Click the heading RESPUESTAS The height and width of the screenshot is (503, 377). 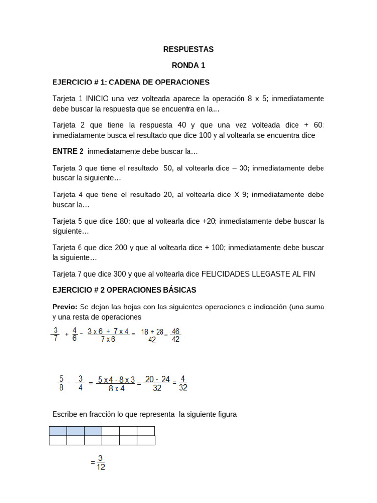click(x=188, y=49)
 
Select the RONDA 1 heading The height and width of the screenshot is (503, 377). click(x=188, y=65)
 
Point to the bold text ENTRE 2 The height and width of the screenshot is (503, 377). click(x=68, y=151)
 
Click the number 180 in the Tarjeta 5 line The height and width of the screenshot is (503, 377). click(x=121, y=221)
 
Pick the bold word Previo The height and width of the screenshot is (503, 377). click(x=64, y=307)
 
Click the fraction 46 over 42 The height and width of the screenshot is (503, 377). click(x=176, y=335)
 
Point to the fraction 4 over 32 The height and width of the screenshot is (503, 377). click(x=183, y=383)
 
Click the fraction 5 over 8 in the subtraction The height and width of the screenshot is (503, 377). click(x=61, y=383)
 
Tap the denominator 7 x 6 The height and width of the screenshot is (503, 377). click(x=108, y=339)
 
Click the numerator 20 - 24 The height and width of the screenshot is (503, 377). click(x=157, y=379)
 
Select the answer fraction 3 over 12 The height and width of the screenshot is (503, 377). click(x=100, y=463)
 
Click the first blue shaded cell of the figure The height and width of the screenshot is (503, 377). click(x=57, y=431)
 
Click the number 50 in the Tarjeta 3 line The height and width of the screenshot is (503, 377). click(x=168, y=168)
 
